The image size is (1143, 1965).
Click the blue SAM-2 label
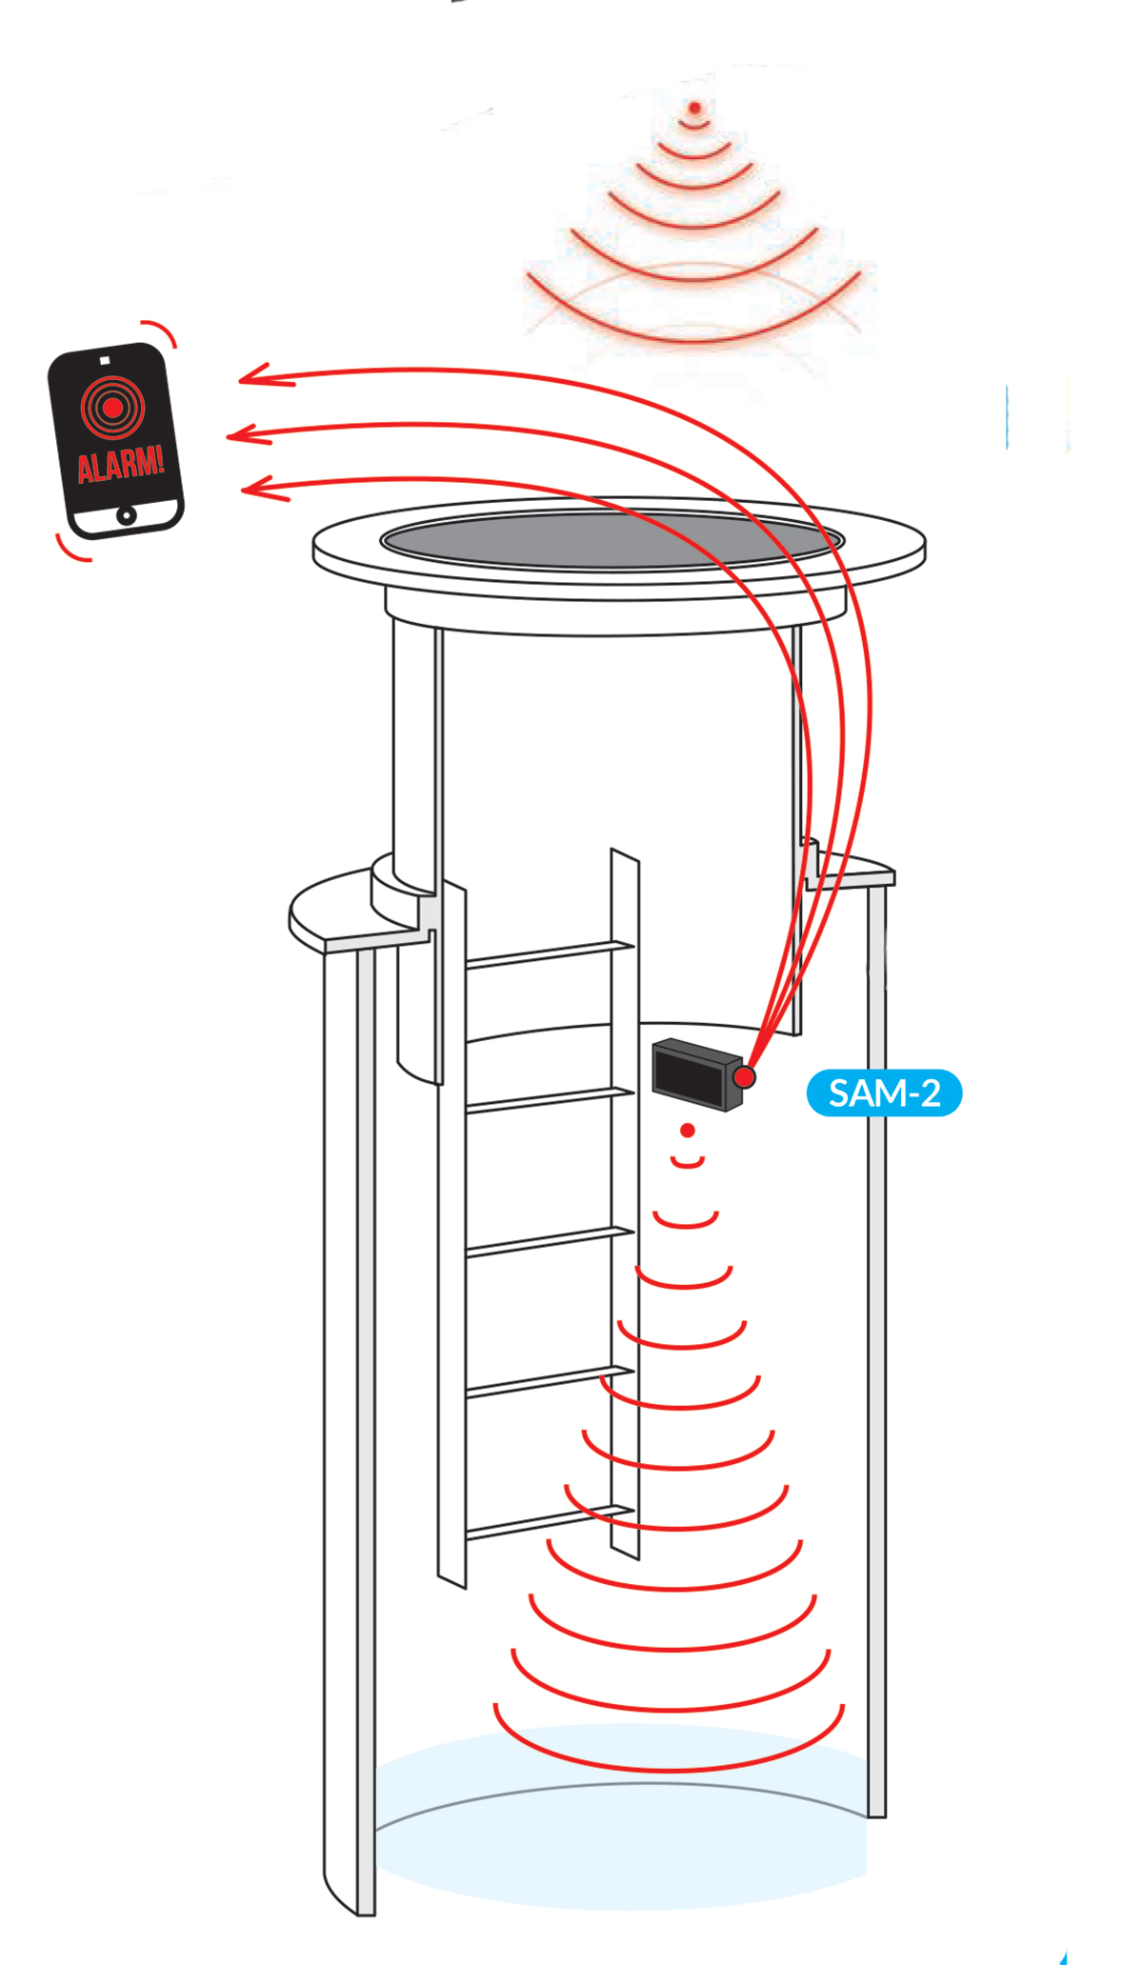(884, 1093)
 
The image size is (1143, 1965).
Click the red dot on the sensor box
(744, 1076)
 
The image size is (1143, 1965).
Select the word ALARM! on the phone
(121, 464)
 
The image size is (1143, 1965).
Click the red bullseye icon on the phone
(112, 408)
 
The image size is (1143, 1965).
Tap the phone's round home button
(126, 515)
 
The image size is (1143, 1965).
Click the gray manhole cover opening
(612, 540)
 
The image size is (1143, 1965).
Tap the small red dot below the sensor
(688, 1131)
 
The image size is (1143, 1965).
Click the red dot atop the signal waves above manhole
(695, 108)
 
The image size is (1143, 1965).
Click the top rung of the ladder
(550, 954)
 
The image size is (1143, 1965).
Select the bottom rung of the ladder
(550, 1522)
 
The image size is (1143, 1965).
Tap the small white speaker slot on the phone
(105, 360)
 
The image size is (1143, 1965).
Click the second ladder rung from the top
(550, 1100)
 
